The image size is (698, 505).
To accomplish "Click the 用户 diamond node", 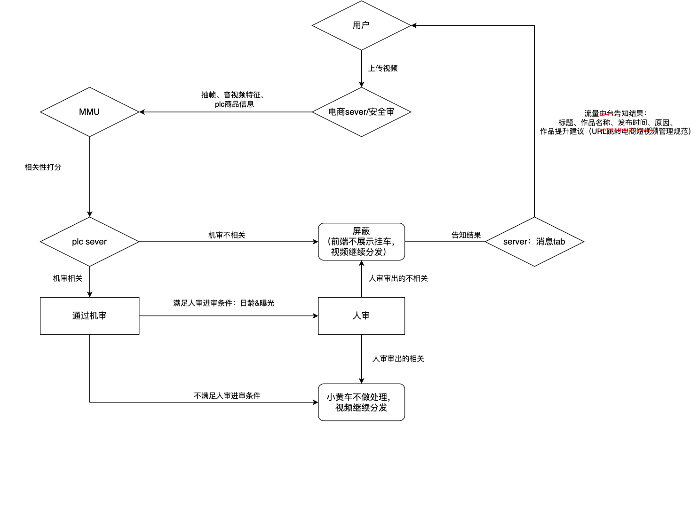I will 361,25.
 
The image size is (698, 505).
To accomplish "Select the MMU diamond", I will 89,112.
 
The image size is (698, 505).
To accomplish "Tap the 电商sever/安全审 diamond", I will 361,112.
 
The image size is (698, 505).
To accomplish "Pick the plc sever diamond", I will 89,242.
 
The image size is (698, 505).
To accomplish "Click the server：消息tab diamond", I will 534,242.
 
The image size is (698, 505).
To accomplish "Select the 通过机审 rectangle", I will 89,316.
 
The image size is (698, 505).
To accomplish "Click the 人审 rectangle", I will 361,316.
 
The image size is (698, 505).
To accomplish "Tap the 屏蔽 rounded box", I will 361,242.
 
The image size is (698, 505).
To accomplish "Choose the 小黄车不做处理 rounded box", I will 361,402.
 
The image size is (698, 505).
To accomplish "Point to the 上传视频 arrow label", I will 383,68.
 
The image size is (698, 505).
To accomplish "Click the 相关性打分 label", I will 43,167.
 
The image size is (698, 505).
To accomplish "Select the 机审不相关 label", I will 227,235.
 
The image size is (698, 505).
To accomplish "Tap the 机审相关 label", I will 68,278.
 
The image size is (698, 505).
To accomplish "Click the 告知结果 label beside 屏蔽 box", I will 466,235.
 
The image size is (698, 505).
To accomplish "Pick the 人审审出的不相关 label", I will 398,278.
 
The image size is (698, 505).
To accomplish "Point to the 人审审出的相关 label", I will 398,359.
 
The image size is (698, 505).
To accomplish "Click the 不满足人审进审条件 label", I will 227,396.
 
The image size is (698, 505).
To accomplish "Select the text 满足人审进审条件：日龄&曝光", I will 223,303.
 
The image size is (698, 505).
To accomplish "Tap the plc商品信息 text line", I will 234,104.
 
